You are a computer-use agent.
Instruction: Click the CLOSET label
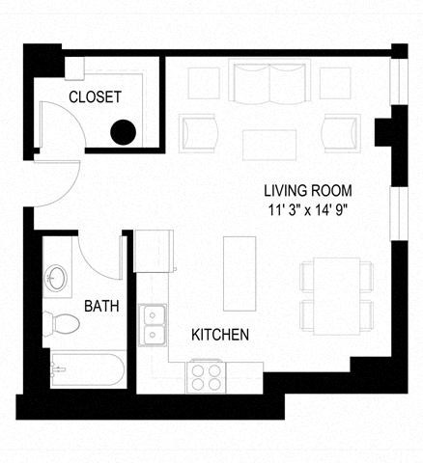coord(95,96)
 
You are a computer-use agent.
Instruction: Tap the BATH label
coord(101,307)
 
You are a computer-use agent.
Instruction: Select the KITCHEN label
coord(220,335)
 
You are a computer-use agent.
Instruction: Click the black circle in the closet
coord(123,133)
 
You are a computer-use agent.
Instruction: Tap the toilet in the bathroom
coord(65,323)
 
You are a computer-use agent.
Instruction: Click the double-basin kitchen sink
coord(152,324)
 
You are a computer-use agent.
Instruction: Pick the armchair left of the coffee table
coord(198,132)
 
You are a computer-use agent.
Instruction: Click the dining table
coord(337,296)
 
